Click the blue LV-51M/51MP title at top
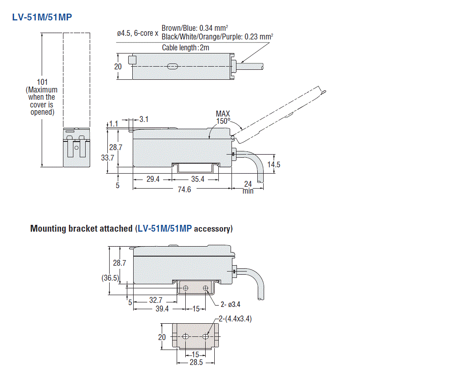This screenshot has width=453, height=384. coord(42,17)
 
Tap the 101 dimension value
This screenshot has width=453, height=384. coord(42,82)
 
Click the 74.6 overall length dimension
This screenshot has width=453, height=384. coord(184,190)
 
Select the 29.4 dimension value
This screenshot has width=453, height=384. coord(153,180)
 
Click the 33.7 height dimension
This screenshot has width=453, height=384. coord(108,158)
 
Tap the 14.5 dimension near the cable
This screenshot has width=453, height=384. coord(273,165)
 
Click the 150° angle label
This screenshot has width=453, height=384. coord(223,121)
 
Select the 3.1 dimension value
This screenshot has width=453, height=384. coord(144,120)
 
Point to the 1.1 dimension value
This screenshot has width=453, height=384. coord(114,123)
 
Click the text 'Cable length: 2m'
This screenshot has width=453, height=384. coord(185,47)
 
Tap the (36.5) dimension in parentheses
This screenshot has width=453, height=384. coord(110,278)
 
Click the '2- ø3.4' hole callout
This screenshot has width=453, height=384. coord(231,304)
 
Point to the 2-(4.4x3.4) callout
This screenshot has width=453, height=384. coord(235,319)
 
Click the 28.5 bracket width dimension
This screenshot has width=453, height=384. coord(196,363)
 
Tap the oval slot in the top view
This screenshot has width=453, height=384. coord(172,67)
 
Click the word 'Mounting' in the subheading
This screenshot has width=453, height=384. coord(48,228)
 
